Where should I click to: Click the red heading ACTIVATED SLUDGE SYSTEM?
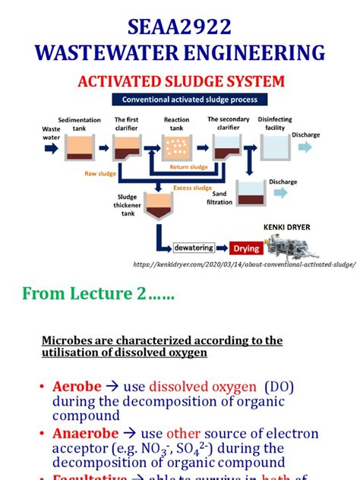tap(179, 81)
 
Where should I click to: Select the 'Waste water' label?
tap(51, 134)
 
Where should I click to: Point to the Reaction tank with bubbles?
tap(177, 147)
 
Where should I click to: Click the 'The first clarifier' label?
tap(128, 124)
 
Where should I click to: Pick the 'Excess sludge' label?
tap(192, 187)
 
